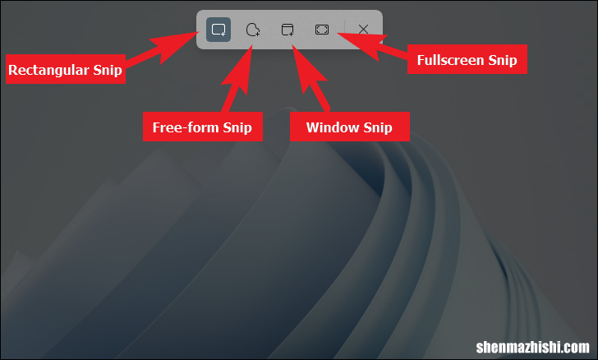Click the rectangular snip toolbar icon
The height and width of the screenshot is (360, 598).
point(218,30)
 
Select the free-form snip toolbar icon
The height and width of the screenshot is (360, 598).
point(253,30)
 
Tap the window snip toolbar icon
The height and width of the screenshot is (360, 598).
point(287,30)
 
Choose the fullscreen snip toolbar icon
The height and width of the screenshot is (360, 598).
point(322,30)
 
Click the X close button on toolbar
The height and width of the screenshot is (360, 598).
point(363,30)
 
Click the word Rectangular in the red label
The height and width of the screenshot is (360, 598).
point(48,70)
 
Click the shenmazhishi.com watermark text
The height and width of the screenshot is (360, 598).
point(533,347)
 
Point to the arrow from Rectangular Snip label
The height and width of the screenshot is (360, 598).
point(161,48)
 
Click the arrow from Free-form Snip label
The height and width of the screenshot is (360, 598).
point(237,79)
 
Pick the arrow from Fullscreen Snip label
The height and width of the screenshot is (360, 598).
point(373,47)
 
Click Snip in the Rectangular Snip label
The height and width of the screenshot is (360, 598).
point(108,70)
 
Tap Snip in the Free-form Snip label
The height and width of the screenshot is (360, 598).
point(237,127)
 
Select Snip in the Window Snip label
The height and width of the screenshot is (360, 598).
point(378,127)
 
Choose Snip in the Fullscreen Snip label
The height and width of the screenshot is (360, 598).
point(503,60)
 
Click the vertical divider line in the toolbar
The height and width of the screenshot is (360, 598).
point(344,30)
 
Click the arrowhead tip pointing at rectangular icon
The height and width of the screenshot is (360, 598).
point(199,32)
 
